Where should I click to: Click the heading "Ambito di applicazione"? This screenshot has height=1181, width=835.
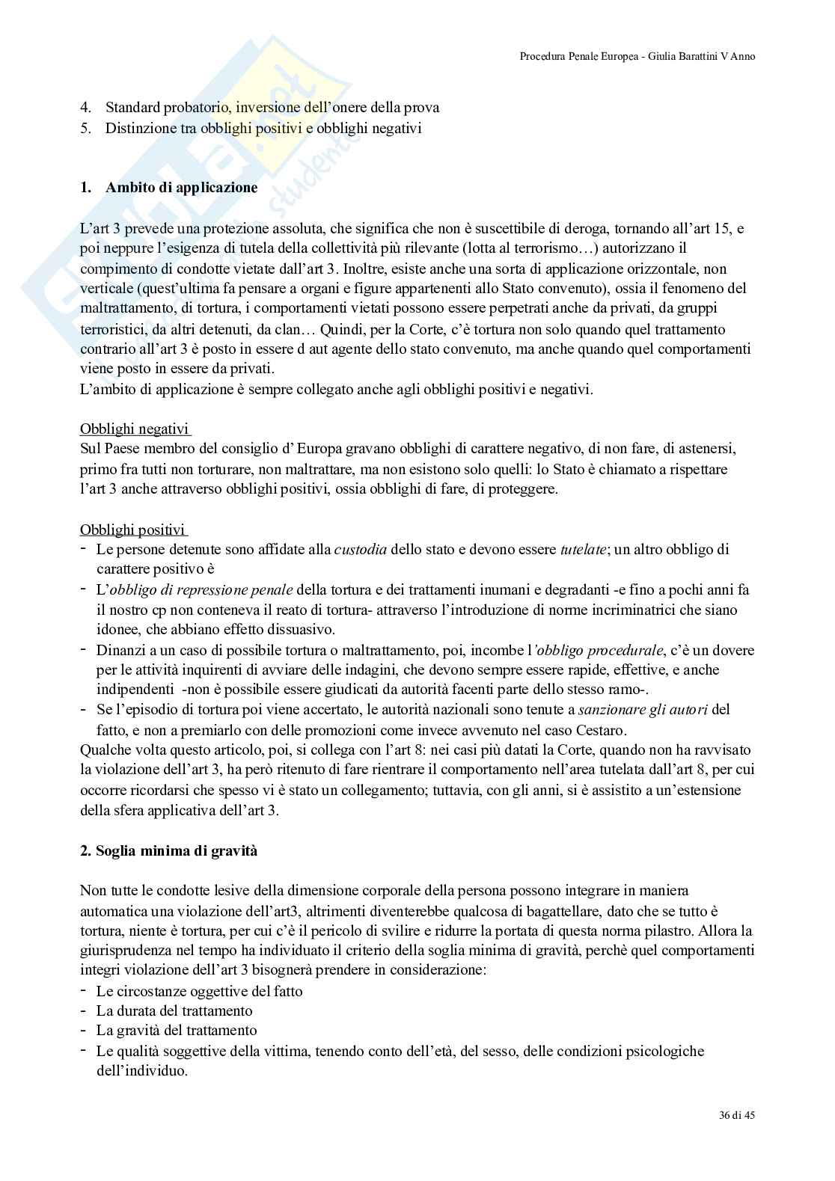(x=181, y=188)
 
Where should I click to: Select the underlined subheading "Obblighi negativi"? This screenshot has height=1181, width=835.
(x=135, y=429)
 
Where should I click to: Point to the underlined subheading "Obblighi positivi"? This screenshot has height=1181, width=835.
(x=133, y=530)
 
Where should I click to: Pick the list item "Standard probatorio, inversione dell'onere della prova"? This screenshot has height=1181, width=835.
(x=272, y=108)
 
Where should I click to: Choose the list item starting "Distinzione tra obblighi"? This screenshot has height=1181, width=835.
(x=263, y=128)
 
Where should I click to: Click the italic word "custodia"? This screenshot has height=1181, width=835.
(x=360, y=550)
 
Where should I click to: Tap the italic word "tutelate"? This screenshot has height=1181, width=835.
(x=583, y=550)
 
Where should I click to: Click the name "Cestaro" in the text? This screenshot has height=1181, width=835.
(x=601, y=730)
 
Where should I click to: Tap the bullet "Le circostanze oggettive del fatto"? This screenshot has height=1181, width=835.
(x=199, y=992)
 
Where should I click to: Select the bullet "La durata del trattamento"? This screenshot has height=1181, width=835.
(x=174, y=1011)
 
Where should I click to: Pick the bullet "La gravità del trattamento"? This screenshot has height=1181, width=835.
(x=177, y=1031)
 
